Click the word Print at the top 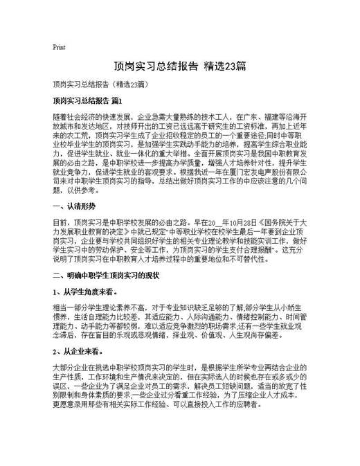(59, 48)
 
